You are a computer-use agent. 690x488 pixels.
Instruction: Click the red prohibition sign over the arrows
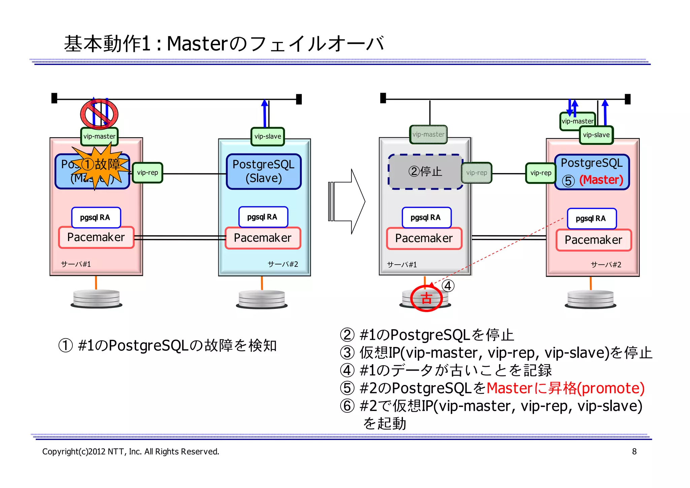point(99,114)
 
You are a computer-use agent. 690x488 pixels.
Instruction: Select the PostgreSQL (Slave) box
point(263,171)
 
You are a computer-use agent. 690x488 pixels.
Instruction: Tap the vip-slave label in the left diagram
point(268,137)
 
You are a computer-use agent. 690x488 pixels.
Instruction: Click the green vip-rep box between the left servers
point(148,173)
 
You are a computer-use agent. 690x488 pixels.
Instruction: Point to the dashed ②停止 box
point(425,172)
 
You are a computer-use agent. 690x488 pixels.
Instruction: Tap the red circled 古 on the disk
point(426,298)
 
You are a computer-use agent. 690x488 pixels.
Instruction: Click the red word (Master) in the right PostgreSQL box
point(601,180)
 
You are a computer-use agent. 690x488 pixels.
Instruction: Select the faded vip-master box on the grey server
point(428,134)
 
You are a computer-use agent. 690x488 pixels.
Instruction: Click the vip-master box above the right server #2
point(577,121)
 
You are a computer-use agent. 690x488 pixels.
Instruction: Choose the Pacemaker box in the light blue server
point(262,238)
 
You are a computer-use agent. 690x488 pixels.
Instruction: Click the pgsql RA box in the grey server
point(426,218)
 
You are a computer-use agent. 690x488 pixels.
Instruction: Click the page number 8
point(634,452)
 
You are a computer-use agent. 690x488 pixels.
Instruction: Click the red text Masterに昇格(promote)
point(565,388)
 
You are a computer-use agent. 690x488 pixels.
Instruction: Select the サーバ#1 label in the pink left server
point(76,264)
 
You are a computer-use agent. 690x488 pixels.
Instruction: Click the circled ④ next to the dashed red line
point(447,286)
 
